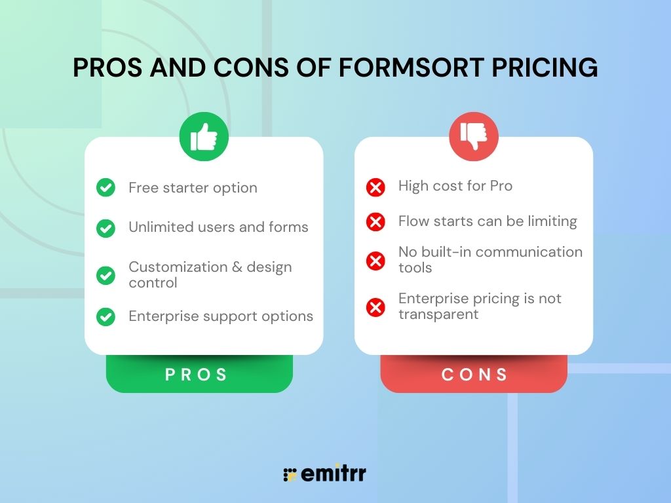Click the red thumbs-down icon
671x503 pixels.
point(474,136)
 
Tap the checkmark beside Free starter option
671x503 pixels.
point(105,187)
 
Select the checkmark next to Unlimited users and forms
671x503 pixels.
point(105,227)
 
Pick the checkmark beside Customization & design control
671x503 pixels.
point(105,275)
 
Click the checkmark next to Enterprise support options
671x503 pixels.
point(105,316)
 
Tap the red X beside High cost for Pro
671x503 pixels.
point(375,188)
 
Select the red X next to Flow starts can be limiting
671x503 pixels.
point(375,222)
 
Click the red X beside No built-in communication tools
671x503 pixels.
point(375,261)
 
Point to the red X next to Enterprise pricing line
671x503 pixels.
point(375,307)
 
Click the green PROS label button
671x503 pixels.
point(199,375)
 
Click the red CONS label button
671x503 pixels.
point(474,375)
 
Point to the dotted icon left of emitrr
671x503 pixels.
point(290,475)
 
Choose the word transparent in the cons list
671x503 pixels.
point(438,314)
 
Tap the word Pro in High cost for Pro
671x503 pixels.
point(501,186)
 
